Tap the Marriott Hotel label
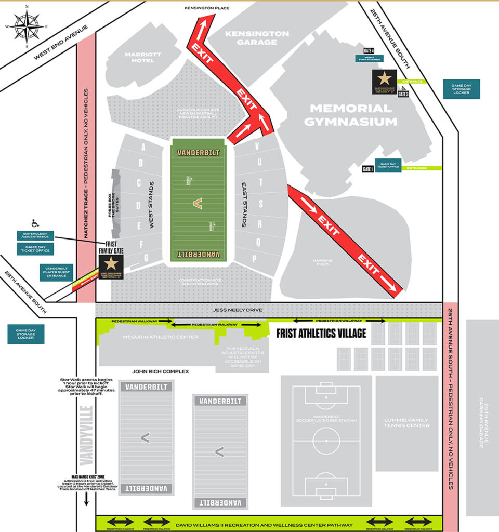click(143, 57)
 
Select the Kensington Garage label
click(256, 38)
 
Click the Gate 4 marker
click(369, 51)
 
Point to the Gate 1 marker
click(367, 169)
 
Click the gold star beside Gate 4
click(384, 78)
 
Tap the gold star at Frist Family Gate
click(111, 263)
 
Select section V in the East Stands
click(257, 147)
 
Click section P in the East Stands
click(255, 258)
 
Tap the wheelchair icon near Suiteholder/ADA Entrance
click(35, 223)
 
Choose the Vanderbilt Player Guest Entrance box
click(57, 273)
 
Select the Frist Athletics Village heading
click(321, 332)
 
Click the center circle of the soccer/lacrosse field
click(326, 441)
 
